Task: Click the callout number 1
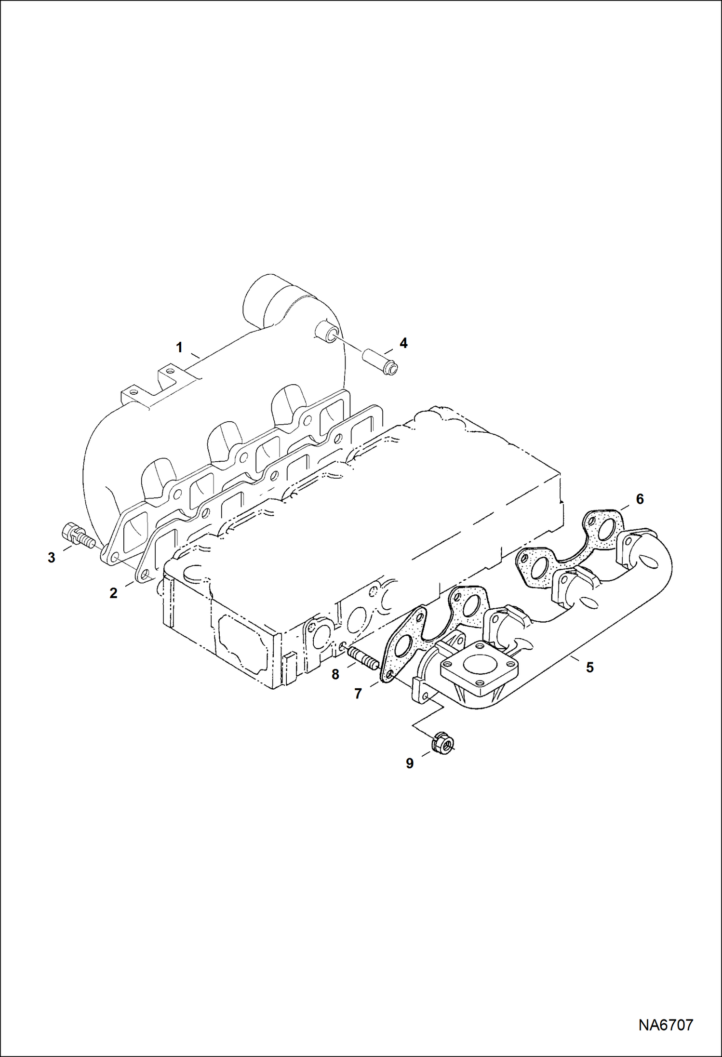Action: click(x=179, y=348)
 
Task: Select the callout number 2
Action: click(x=113, y=593)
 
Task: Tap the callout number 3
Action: click(x=52, y=558)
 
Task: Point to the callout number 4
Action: click(x=403, y=343)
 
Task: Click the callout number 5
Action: click(x=589, y=668)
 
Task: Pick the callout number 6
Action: click(x=640, y=499)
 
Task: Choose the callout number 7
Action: click(x=358, y=694)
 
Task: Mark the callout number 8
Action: click(x=335, y=675)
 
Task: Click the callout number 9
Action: click(x=410, y=763)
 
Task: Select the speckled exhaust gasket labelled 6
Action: click(x=569, y=548)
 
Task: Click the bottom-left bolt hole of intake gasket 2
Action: click(x=144, y=574)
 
